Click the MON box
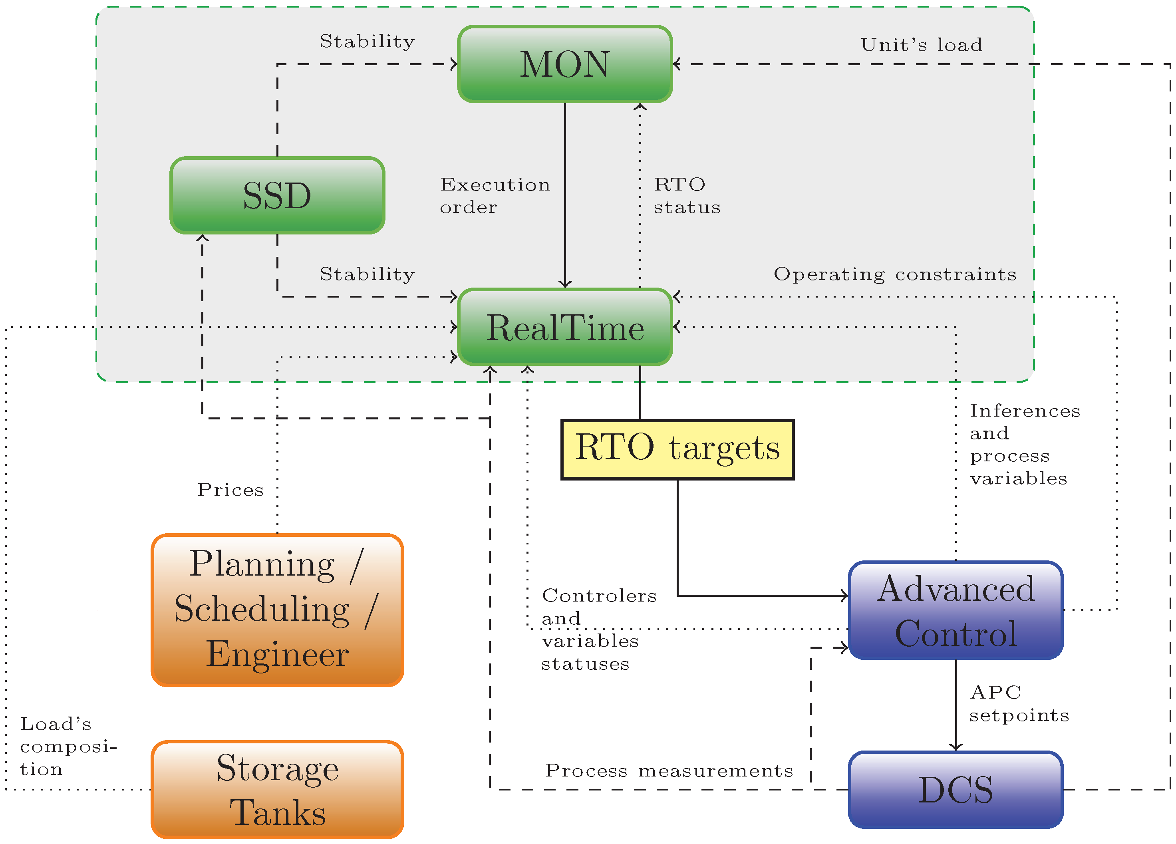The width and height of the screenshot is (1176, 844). (x=565, y=64)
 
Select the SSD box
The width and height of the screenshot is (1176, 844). (x=277, y=195)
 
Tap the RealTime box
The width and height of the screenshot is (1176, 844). (x=565, y=327)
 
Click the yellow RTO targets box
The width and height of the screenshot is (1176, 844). (x=677, y=449)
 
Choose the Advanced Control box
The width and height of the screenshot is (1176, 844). (x=955, y=610)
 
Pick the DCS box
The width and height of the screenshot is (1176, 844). (x=955, y=790)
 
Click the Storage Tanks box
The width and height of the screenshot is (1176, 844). (x=277, y=790)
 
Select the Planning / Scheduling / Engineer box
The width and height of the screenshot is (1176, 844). (x=277, y=610)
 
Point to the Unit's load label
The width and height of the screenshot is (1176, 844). (x=922, y=45)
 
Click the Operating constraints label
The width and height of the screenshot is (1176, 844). (x=895, y=274)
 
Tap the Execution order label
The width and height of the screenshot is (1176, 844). (x=495, y=195)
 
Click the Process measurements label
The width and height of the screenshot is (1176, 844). (x=669, y=771)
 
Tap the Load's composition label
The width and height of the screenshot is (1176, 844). (x=68, y=746)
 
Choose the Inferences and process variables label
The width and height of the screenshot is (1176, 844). (x=1024, y=444)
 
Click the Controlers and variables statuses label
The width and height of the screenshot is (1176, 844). (x=598, y=630)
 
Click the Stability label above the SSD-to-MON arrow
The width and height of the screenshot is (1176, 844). (x=367, y=42)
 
